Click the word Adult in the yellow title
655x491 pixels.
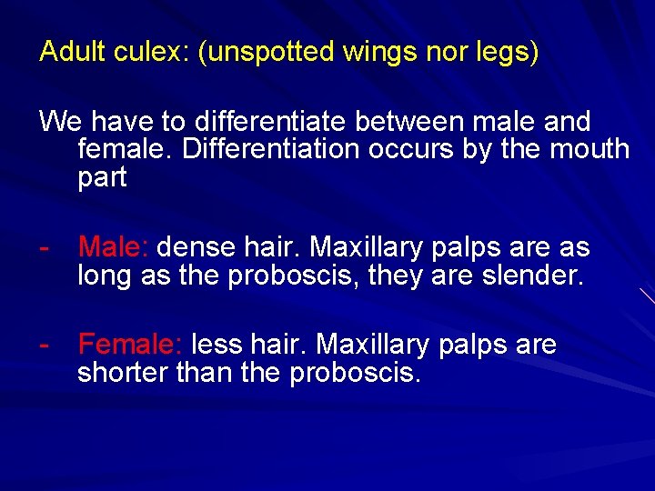74,52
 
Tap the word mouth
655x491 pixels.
588,149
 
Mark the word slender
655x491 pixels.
532,275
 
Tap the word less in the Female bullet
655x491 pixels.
215,345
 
